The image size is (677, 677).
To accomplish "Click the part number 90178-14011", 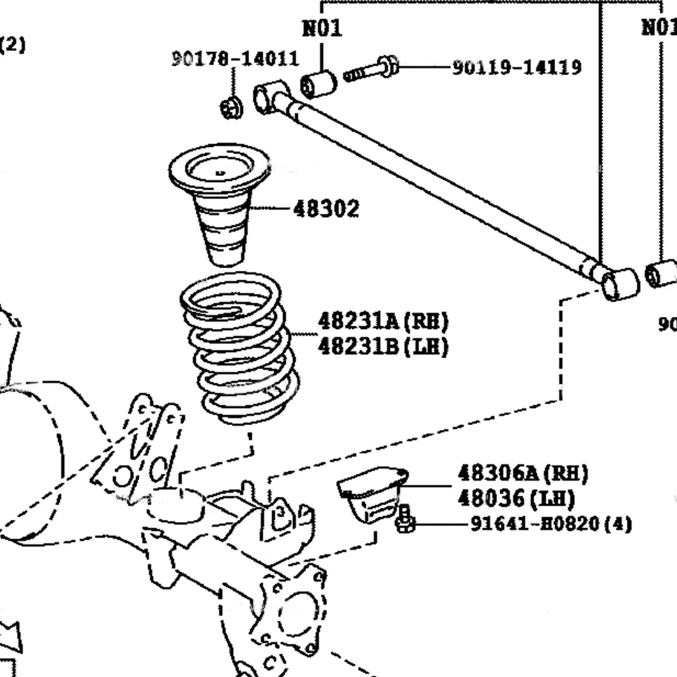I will click(x=234, y=59).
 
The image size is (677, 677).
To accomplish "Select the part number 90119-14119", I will click(x=517, y=67).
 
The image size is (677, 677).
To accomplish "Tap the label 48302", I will click(x=326, y=209).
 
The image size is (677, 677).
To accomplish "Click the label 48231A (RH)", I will click(x=383, y=320).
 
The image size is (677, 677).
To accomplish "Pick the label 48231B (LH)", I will click(x=383, y=347).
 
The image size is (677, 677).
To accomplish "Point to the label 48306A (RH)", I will click(x=523, y=473).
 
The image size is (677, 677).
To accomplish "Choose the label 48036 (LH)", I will click(x=516, y=499).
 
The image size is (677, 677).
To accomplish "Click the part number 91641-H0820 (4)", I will click(x=550, y=524).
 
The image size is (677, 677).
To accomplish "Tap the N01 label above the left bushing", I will click(x=322, y=28).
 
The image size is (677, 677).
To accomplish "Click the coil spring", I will click(x=240, y=349).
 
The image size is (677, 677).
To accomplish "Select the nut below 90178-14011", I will click(x=232, y=107).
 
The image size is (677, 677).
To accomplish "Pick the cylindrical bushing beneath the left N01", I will click(x=319, y=84).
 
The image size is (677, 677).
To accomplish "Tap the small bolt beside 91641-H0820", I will click(x=405, y=519).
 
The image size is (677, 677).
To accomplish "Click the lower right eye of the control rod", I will click(x=620, y=284).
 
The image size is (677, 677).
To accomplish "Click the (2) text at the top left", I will click(x=12, y=45).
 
